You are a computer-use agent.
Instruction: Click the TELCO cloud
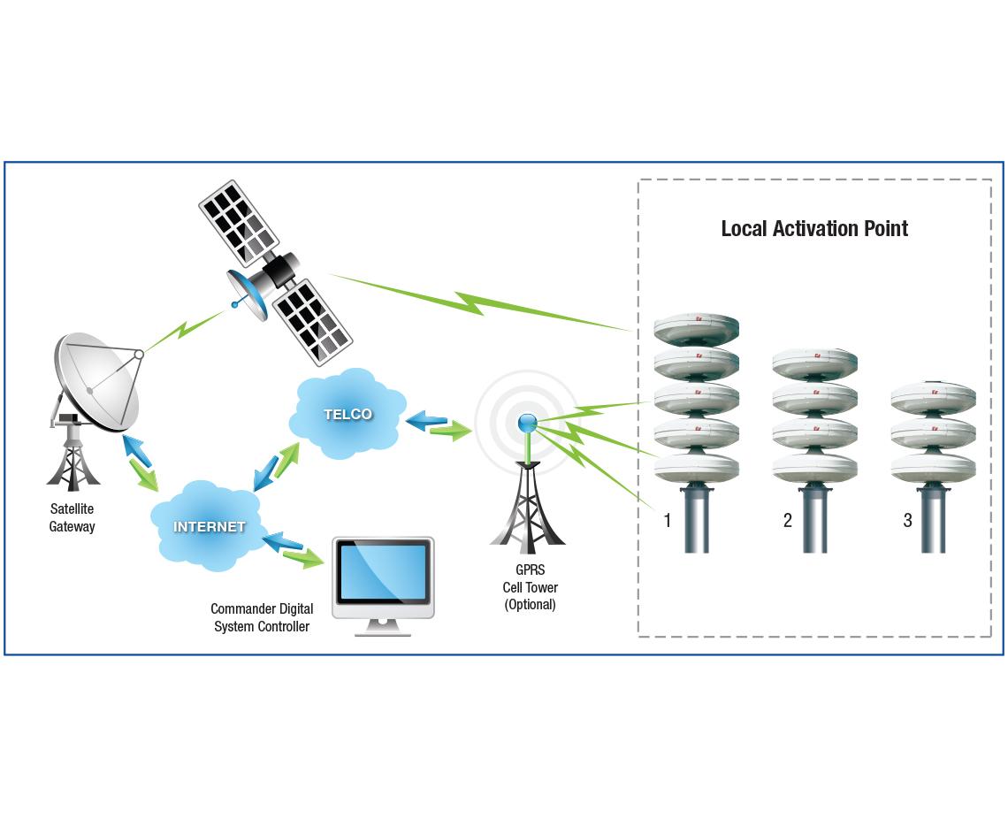coord(347,414)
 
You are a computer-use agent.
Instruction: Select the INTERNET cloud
coord(209,526)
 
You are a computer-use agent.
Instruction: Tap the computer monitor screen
coord(383,574)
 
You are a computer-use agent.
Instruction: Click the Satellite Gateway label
coord(72,518)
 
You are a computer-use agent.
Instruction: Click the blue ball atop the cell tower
coord(528,423)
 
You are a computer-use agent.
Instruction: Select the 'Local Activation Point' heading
coord(814,229)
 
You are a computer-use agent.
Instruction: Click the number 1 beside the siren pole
coord(668,521)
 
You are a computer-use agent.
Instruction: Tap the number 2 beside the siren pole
coord(787,521)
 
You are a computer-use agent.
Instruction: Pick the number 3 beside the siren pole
coord(907,521)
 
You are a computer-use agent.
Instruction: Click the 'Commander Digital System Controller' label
coord(262,618)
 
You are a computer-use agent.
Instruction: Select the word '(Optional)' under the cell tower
coord(530,605)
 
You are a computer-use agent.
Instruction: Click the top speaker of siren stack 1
coord(696,330)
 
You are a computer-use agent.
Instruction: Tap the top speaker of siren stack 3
coord(933,398)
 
